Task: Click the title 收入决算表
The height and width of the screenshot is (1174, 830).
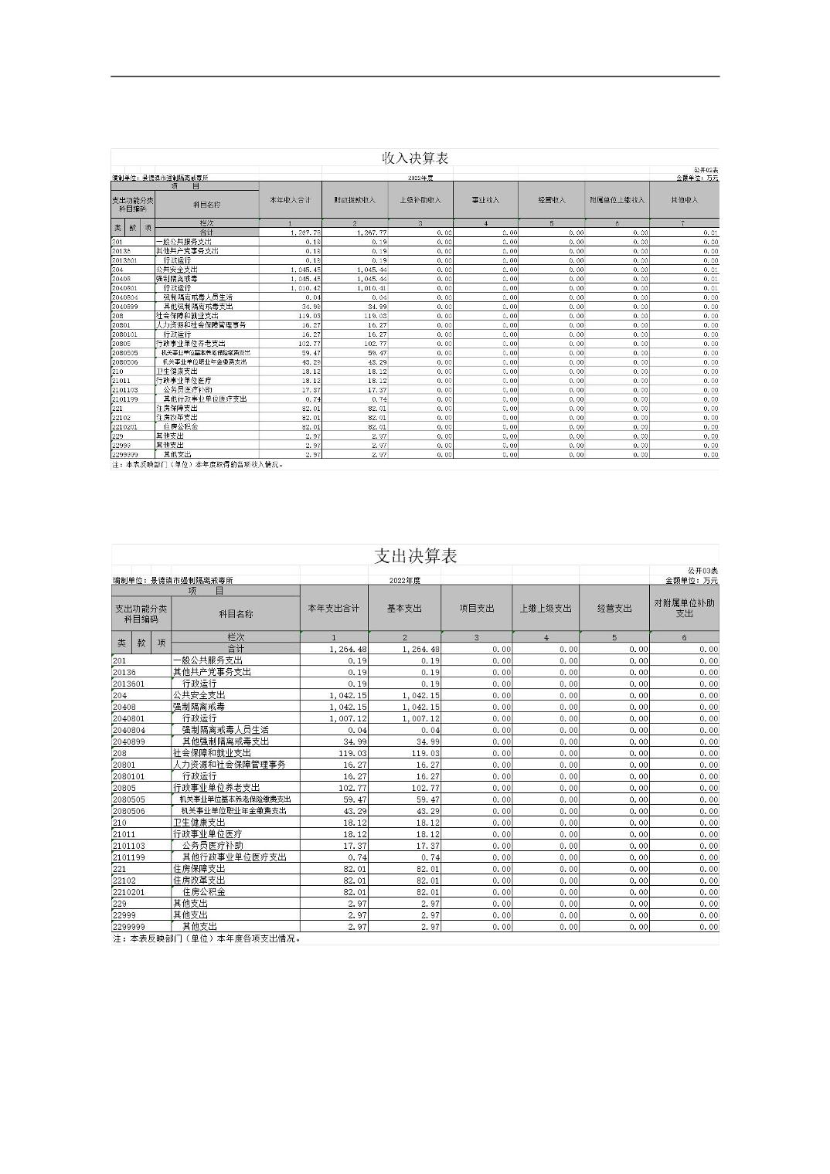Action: (415, 158)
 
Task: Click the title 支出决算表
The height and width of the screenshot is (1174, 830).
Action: (415, 556)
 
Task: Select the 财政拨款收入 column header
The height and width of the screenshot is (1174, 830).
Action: (355, 201)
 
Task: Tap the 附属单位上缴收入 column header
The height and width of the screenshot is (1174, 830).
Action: (617, 201)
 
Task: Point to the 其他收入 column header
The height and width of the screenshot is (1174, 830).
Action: (684, 201)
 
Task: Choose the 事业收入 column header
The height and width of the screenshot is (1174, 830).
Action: (486, 201)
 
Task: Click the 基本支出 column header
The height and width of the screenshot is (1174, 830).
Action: (404, 609)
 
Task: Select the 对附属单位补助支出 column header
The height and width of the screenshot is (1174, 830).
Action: (684, 609)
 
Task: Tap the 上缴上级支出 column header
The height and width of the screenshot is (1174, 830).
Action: (546, 609)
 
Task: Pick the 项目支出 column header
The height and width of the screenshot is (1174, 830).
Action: (476, 609)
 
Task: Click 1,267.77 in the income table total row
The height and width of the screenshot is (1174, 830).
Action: (372, 232)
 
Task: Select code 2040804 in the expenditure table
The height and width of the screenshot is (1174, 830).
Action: (129, 730)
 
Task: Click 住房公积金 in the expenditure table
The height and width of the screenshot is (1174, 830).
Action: (204, 892)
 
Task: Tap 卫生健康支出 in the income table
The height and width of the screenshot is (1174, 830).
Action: (176, 372)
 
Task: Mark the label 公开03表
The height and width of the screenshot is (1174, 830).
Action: (702, 571)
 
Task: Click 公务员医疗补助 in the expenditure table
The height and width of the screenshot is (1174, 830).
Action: (213, 846)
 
